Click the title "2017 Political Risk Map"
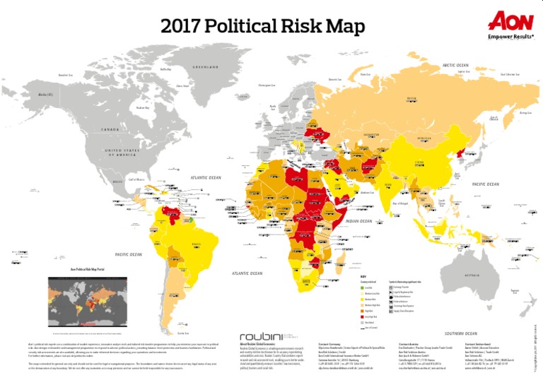click(262, 27)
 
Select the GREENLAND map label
click(209, 67)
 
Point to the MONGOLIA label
click(424, 138)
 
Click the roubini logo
click(264, 337)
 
